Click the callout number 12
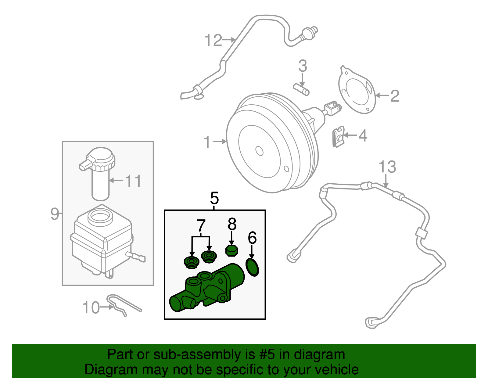click(213, 41)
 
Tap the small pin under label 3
click(301, 89)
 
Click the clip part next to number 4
click(338, 137)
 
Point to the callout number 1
click(207, 142)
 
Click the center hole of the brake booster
click(259, 151)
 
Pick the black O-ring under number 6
click(252, 267)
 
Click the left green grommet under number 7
click(192, 262)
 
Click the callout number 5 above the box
click(214, 199)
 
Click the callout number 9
click(55, 214)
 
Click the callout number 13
click(387, 167)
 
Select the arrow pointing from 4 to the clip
click(350, 135)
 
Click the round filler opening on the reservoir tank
click(100, 216)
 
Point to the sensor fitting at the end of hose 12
click(310, 33)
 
